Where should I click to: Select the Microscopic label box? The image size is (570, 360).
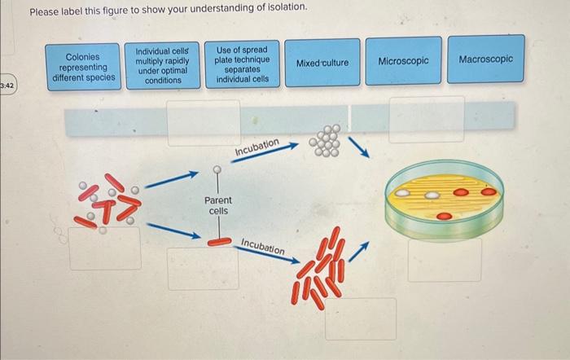click(404, 61)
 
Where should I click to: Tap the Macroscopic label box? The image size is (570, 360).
click(486, 60)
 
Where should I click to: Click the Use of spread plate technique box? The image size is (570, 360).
click(241, 64)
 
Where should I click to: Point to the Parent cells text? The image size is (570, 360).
click(218, 205)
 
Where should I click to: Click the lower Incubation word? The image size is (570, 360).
click(263, 246)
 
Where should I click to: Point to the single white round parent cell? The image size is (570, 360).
click(218, 170)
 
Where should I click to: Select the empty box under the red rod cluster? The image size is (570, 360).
click(360, 318)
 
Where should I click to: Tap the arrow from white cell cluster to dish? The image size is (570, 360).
click(359, 147)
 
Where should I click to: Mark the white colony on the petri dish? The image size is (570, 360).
click(404, 195)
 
